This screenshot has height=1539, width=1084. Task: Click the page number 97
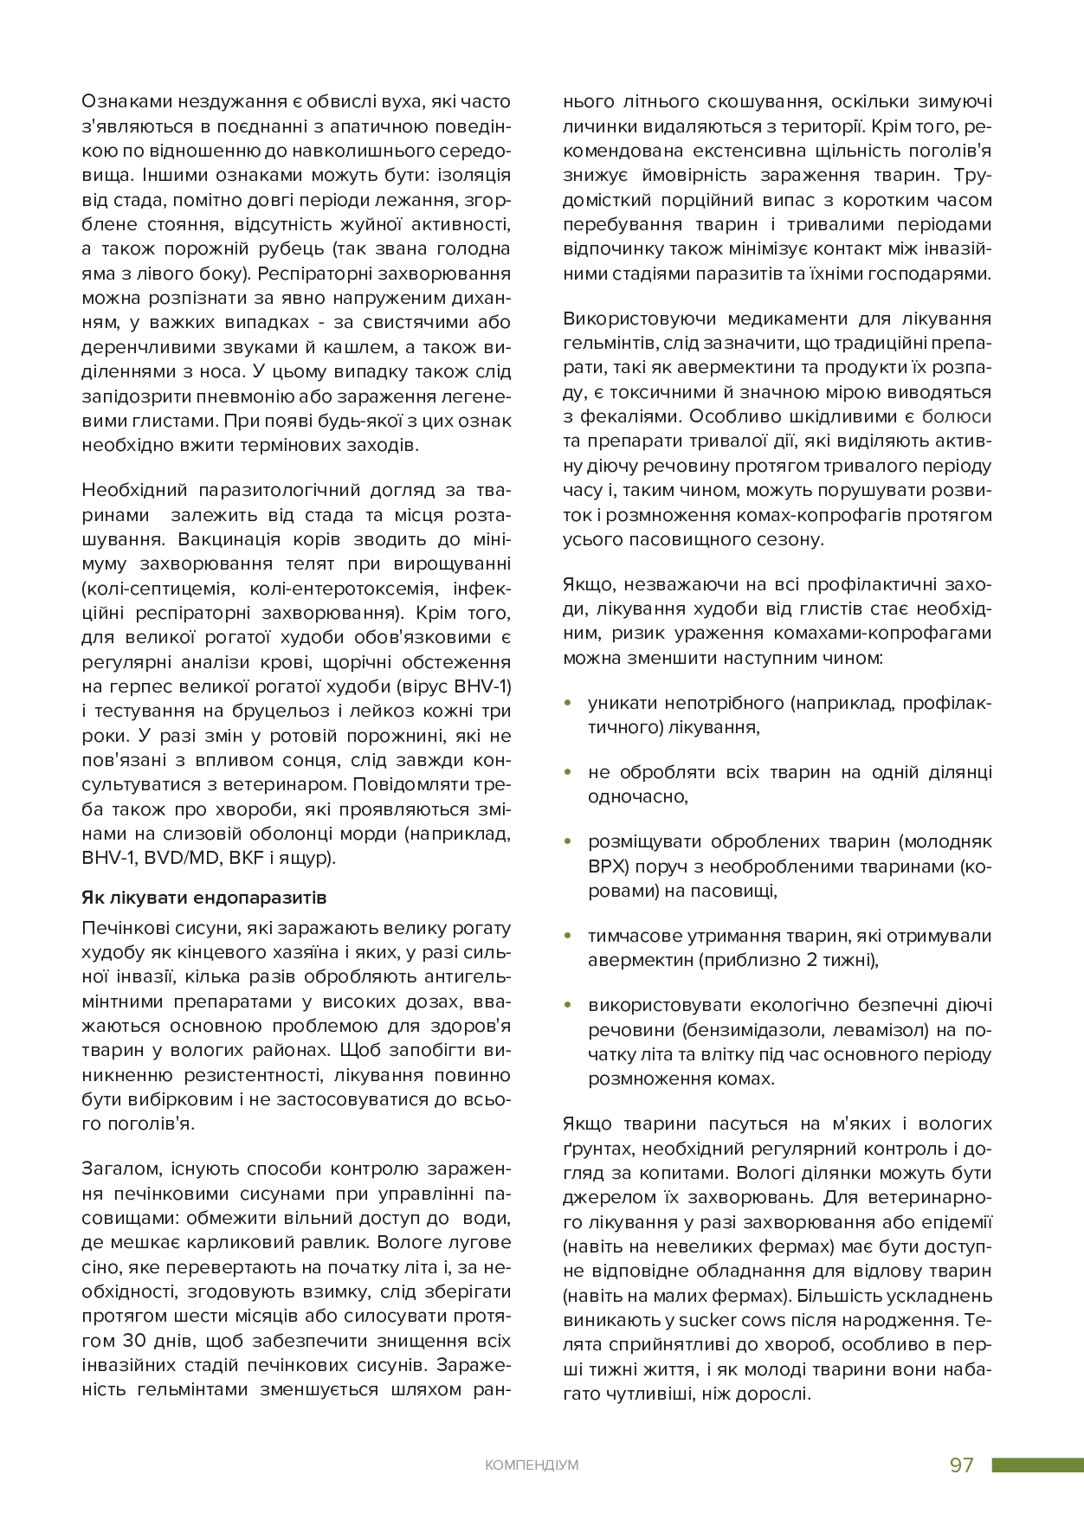(x=962, y=1465)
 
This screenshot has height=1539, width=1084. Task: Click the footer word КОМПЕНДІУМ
(x=532, y=1465)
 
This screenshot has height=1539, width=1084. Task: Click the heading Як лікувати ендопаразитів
(x=203, y=897)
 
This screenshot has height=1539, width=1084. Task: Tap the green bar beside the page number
(x=1037, y=1465)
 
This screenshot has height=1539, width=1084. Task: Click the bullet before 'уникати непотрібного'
(x=568, y=703)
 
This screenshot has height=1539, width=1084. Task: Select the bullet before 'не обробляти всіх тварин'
(x=568, y=772)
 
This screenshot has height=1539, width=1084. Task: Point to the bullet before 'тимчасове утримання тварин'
(x=568, y=936)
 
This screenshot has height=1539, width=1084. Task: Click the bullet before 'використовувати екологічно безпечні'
(x=568, y=1005)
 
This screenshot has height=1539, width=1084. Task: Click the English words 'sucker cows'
(x=732, y=1321)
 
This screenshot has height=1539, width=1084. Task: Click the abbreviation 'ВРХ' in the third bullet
(x=607, y=866)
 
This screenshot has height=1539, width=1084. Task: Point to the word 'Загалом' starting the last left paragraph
(x=121, y=1169)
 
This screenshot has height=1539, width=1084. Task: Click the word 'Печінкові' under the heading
(x=124, y=929)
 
